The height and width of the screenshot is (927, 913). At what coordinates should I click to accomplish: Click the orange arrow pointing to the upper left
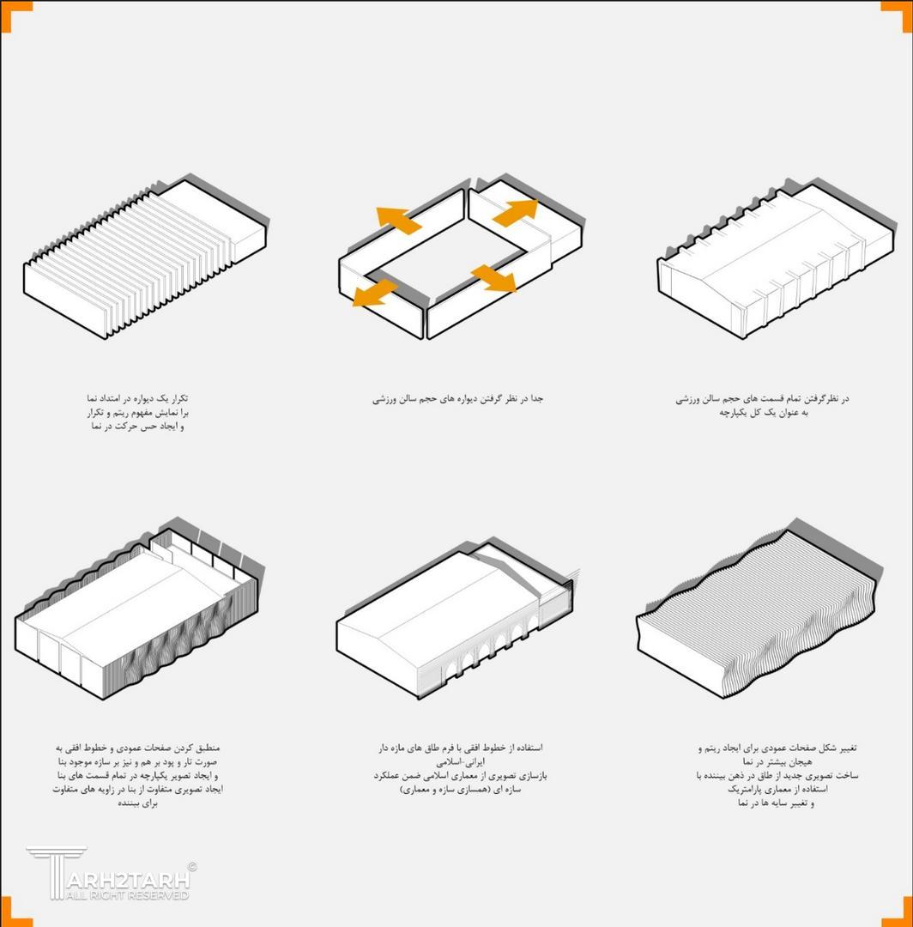point(398,220)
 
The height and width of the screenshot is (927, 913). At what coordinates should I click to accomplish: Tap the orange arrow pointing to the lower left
point(375,294)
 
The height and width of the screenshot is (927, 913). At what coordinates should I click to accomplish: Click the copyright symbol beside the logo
point(191,867)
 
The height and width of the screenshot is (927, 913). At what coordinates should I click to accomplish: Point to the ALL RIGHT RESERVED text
point(127,895)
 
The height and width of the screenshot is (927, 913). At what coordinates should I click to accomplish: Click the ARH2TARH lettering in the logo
point(128,880)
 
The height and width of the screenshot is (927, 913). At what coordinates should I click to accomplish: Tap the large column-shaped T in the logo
point(56,873)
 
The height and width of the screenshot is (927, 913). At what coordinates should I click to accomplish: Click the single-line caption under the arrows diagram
point(457,399)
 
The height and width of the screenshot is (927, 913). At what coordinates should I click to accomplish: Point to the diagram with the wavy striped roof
point(760,608)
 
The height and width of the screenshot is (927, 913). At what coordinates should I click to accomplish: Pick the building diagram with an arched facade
point(458,618)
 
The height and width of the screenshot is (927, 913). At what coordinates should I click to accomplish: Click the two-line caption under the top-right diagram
point(762,405)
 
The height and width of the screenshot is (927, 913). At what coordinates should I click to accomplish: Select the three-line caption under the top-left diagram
point(137,413)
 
